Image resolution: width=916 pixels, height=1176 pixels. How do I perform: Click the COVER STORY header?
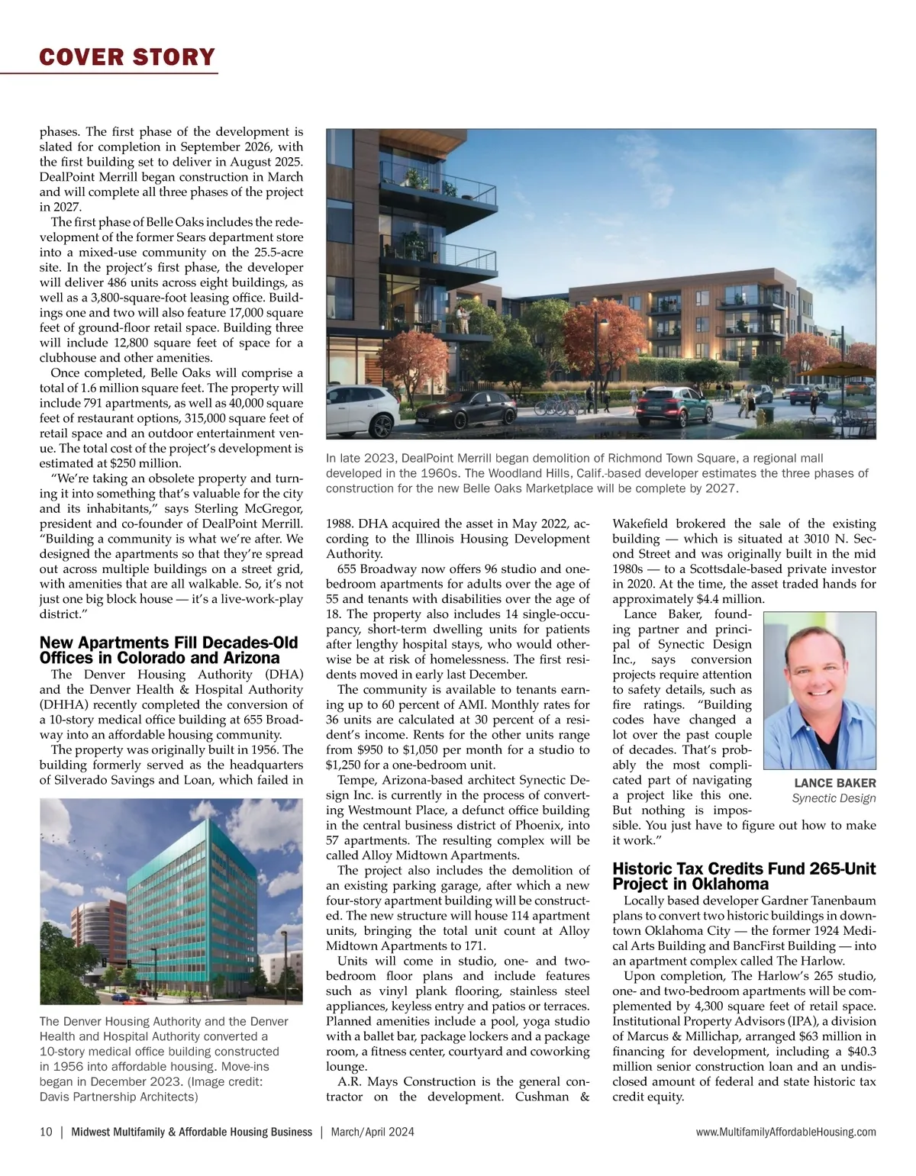click(127, 57)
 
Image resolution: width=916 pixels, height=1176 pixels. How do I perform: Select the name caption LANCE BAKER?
click(835, 783)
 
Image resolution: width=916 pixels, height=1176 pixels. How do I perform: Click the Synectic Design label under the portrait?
click(834, 798)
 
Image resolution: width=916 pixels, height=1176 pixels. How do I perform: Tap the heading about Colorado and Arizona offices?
click(169, 650)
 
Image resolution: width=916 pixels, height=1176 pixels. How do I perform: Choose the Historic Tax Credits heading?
click(744, 876)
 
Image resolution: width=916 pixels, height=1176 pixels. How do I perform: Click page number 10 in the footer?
click(46, 1132)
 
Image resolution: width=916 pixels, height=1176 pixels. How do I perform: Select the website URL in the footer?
click(785, 1132)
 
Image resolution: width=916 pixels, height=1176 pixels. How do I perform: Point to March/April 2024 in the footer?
click(373, 1132)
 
